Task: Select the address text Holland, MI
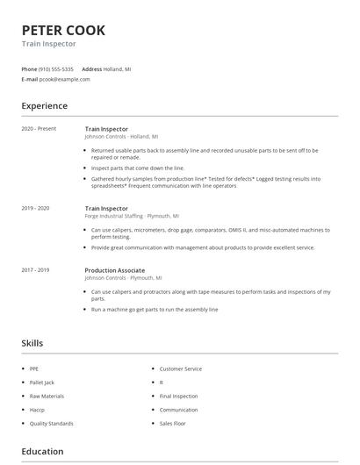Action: pos(117,68)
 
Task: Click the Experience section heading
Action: pos(44,106)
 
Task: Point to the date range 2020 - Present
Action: pos(39,129)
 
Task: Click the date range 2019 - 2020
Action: pos(36,208)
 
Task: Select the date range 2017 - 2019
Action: pos(36,269)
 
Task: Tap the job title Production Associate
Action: pos(115,269)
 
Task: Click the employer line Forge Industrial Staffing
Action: pos(131,216)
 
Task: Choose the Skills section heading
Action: pos(32,343)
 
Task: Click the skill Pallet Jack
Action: pos(43,383)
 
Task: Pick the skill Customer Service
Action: pos(180,369)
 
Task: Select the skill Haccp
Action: pos(38,410)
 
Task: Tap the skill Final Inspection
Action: pos(178,396)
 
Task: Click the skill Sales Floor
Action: pos(172,423)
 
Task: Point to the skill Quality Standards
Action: pos(51,423)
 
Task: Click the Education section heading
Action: pos(42,452)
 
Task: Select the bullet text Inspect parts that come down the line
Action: pos(138,168)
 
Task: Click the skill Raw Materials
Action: pos(47,396)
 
